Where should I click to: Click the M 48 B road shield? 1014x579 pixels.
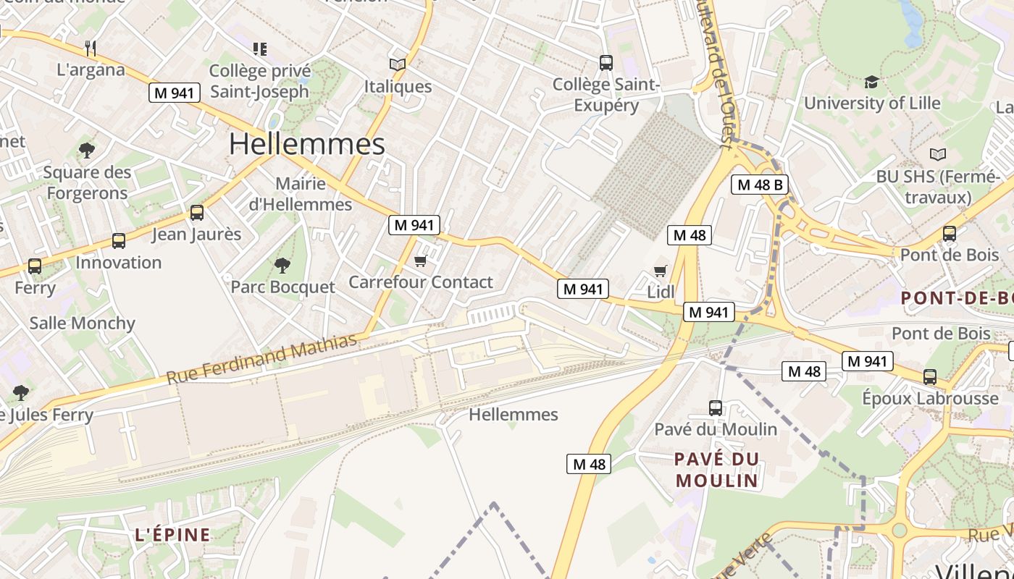point(759,185)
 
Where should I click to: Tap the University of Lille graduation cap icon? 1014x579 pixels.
point(871,82)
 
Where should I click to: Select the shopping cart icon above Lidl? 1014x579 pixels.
point(660,271)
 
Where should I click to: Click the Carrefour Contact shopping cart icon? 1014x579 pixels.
point(420,261)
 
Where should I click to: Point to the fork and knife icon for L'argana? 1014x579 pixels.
point(91,48)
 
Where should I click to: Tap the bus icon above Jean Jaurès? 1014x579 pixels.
point(196,213)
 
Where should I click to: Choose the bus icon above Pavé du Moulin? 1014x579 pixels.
point(716,407)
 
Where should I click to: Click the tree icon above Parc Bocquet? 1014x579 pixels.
point(282,266)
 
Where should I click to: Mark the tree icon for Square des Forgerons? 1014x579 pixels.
point(87,151)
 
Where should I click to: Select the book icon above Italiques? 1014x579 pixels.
point(397,64)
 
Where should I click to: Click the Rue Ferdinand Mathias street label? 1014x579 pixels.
point(262,358)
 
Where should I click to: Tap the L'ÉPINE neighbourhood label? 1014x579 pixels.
point(173,535)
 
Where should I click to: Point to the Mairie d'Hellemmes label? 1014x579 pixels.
point(301,194)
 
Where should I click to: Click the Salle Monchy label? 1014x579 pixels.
point(83,323)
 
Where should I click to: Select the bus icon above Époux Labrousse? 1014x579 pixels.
point(930,377)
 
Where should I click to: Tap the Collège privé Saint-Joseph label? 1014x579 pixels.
point(259,81)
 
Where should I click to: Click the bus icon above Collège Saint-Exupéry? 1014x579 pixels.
point(606,63)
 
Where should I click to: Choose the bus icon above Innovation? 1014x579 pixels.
point(119,241)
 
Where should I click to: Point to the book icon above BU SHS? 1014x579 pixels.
point(938,154)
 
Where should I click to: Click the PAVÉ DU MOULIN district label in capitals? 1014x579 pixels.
point(716,469)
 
